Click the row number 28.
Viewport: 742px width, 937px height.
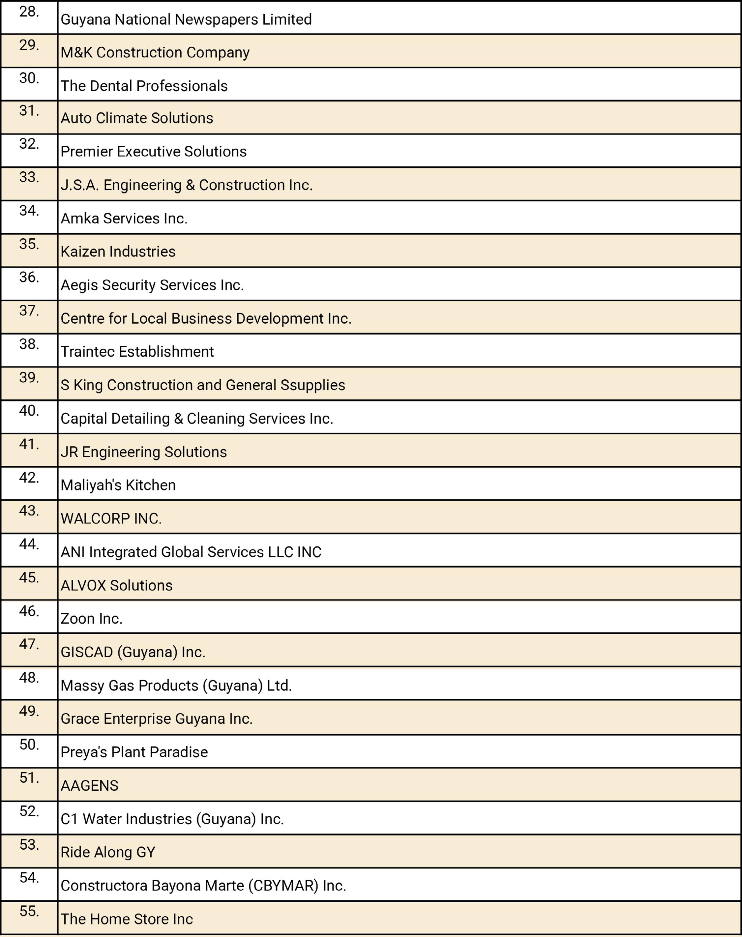point(29,12)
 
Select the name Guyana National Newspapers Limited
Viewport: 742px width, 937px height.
point(186,19)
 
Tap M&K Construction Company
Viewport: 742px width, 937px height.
point(155,52)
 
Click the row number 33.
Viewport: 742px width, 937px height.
point(29,177)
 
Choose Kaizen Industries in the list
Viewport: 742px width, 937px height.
point(118,251)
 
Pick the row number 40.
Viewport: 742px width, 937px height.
point(29,411)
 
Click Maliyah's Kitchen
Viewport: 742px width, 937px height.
point(118,485)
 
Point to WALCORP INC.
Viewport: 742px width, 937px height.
point(111,519)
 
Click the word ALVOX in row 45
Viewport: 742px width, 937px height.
point(83,586)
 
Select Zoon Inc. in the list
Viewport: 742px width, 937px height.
point(91,619)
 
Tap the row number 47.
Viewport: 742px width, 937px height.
point(29,644)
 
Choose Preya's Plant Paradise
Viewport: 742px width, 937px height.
point(134,752)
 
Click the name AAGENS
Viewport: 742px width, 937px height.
point(89,785)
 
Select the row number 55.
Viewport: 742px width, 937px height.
point(29,911)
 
